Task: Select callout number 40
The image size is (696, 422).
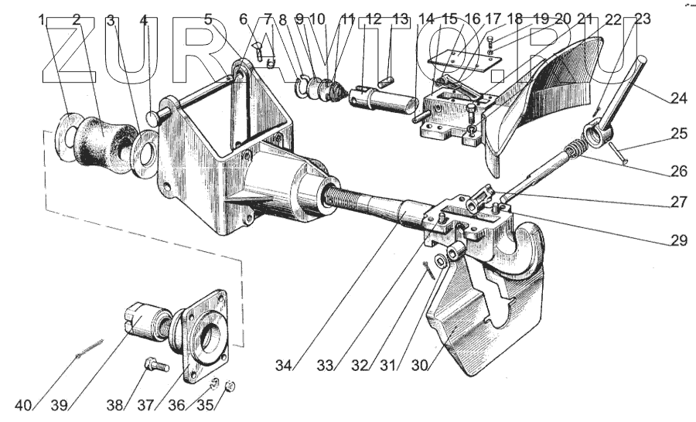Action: tap(24, 404)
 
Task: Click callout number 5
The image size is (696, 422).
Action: tap(208, 20)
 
